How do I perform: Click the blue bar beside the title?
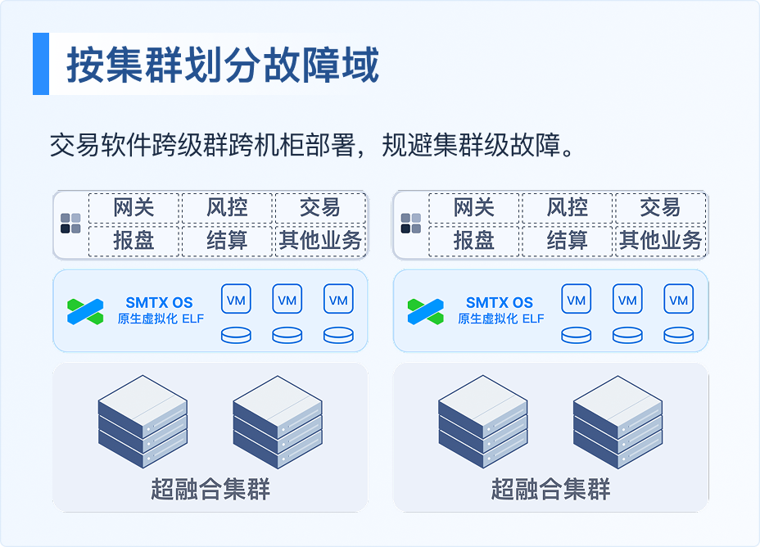tap(41, 64)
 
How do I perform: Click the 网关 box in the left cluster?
tap(133, 208)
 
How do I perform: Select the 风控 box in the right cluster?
tap(567, 208)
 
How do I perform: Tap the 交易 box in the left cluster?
tap(320, 208)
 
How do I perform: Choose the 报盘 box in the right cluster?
tap(474, 240)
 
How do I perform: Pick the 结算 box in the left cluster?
tap(227, 240)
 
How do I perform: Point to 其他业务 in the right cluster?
tap(661, 240)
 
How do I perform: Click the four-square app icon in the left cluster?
tap(70, 224)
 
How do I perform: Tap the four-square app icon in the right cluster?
tap(411, 224)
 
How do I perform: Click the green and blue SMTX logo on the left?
tap(85, 311)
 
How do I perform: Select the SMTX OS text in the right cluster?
tap(500, 302)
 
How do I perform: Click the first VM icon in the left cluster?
tap(236, 299)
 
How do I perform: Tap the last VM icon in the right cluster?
tap(679, 299)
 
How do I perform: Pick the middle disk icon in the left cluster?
tap(287, 335)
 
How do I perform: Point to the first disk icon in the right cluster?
tap(577, 335)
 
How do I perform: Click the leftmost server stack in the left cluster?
tap(142, 422)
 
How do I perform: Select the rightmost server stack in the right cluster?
tap(617, 422)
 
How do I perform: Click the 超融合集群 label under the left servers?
tap(210, 489)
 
